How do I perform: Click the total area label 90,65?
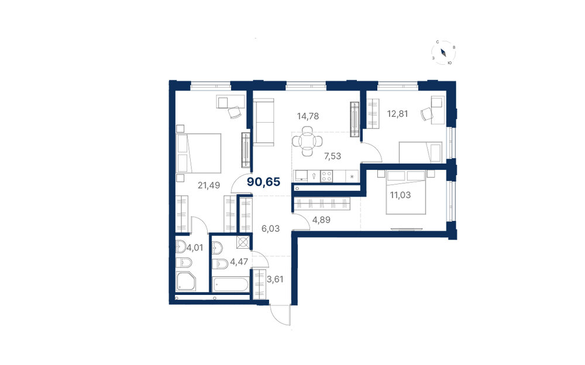263,182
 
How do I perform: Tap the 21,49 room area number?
209,185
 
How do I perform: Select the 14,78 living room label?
308,116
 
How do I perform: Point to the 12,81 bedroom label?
397,114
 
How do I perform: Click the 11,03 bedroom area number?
400,195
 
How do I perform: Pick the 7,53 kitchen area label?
332,156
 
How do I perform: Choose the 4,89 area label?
321,220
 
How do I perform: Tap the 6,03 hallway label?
270,228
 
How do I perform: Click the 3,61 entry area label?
276,279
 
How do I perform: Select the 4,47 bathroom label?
239,262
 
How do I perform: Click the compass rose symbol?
443,53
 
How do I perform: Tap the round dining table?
308,141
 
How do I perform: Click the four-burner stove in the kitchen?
326,176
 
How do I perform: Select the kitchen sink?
301,176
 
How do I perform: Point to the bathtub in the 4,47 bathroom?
230,284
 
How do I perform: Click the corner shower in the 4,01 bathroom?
186,281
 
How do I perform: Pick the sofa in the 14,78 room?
263,122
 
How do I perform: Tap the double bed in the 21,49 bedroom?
198,153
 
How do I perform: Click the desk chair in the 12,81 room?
426,114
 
